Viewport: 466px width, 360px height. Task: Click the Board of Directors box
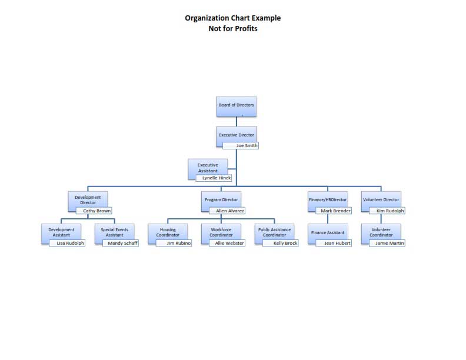point(237,106)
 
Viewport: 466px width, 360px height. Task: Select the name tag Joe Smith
point(241,145)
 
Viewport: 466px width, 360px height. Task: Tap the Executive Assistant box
point(208,168)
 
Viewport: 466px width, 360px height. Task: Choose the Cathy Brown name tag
point(94,211)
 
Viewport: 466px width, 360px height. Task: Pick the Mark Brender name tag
point(334,211)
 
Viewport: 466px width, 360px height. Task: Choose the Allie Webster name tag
point(227,243)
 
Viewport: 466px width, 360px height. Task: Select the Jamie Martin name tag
point(387,243)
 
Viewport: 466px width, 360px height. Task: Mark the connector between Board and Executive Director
point(237,122)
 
